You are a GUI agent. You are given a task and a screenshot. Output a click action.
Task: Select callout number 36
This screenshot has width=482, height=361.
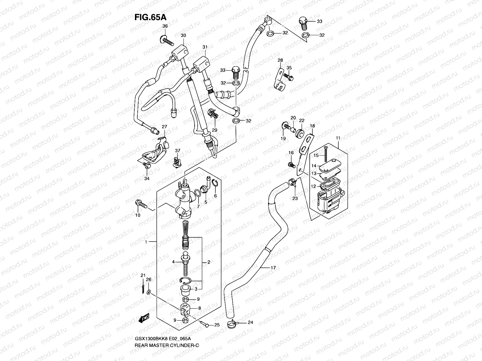[165, 26]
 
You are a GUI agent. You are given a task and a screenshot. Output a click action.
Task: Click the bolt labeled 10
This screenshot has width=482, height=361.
[141, 204]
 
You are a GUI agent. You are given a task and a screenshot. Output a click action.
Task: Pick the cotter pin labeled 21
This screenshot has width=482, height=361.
[143, 287]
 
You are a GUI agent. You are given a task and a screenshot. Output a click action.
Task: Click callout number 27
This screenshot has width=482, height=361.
[164, 126]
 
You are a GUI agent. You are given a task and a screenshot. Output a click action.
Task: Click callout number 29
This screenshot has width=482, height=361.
[214, 130]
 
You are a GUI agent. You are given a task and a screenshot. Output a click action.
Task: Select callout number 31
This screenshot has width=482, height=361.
[205, 47]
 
